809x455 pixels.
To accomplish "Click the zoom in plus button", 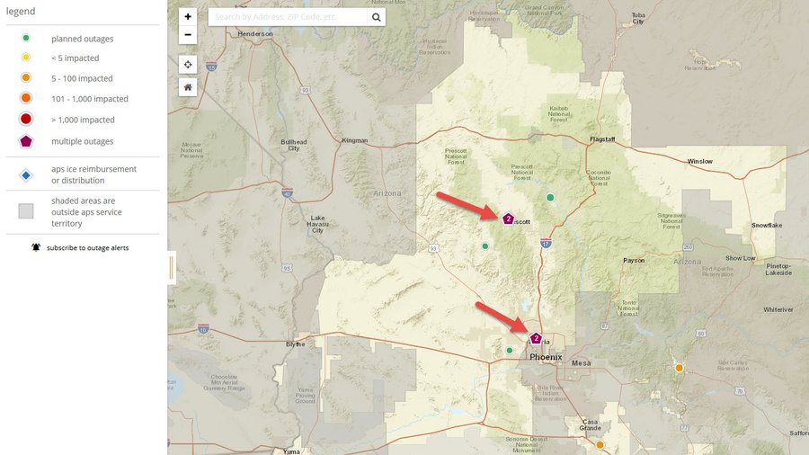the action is pyautogui.click(x=187, y=17).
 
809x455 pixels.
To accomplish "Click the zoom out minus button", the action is pyautogui.click(x=187, y=35).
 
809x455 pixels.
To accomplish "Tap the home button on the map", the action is pyautogui.click(x=187, y=87).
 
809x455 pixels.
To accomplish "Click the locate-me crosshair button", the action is pyautogui.click(x=187, y=65).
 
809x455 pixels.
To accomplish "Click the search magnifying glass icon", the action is pyautogui.click(x=376, y=17).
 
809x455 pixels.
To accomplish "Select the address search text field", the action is pyautogui.click(x=288, y=17).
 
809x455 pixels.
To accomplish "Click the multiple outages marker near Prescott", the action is pyautogui.click(x=508, y=219).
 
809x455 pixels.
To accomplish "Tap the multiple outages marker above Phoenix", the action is pyautogui.click(x=536, y=338).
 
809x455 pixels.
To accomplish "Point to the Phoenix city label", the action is pyautogui.click(x=546, y=357).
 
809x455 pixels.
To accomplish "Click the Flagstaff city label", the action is pyautogui.click(x=602, y=140).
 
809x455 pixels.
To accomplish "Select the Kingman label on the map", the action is pyautogui.click(x=355, y=140).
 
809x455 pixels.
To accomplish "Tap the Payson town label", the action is pyautogui.click(x=634, y=261).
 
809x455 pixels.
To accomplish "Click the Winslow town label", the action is pyautogui.click(x=699, y=162).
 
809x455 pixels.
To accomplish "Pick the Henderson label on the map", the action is pyautogui.click(x=254, y=34).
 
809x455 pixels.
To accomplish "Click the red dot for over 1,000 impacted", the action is pyautogui.click(x=26, y=120).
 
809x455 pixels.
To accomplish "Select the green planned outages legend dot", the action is pyautogui.click(x=26, y=38).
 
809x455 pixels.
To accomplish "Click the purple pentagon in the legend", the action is pyautogui.click(x=26, y=141).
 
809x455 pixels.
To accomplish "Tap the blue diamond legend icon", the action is pyautogui.click(x=26, y=174).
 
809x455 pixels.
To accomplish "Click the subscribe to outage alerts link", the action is pyautogui.click(x=87, y=247).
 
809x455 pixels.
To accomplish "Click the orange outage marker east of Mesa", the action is pyautogui.click(x=680, y=368).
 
